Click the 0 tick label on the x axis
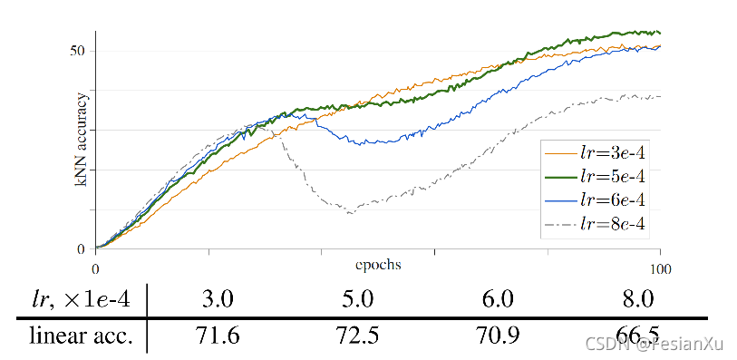(95, 268)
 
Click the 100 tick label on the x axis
(659, 268)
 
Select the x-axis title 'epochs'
(378, 265)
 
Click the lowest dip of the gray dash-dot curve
(350, 213)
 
